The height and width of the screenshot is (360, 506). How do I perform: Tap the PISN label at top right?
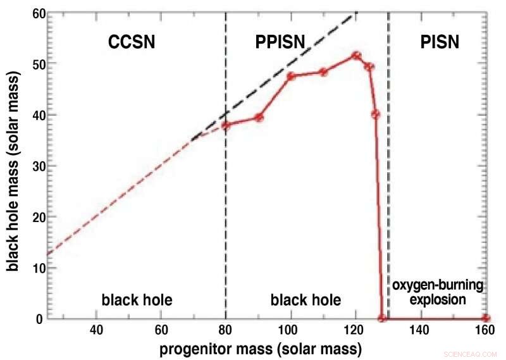pos(440,42)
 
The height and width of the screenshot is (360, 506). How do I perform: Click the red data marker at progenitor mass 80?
pos(226,125)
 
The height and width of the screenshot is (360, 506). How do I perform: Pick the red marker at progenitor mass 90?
pos(258,117)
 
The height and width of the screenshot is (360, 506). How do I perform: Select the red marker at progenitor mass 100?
pos(291,76)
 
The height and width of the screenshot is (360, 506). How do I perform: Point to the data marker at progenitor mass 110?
pos(323,71)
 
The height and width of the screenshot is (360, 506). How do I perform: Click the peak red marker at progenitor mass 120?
pos(356,56)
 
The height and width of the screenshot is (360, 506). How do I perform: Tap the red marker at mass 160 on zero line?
pos(485,318)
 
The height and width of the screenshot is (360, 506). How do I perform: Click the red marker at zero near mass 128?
pos(382,318)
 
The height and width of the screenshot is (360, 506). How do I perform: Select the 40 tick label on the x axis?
pos(96,330)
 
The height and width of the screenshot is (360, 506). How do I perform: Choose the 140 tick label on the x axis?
pos(421,330)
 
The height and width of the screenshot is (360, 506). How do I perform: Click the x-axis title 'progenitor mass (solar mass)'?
pos(260,349)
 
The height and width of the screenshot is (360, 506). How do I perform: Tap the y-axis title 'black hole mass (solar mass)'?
pos(13,164)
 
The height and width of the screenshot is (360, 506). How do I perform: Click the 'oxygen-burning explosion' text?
pos(436,292)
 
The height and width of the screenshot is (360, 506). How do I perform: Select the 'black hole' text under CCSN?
pos(137,299)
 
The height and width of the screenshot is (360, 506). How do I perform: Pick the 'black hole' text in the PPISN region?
pos(305,299)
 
